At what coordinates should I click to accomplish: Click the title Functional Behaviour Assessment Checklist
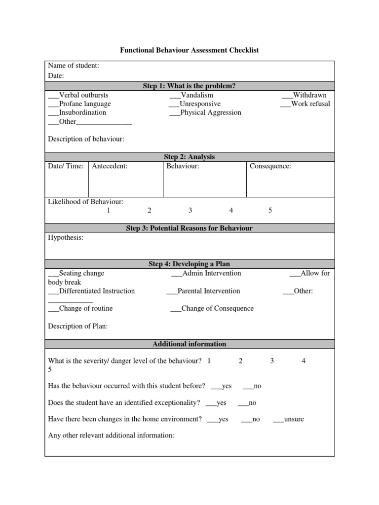tap(189, 50)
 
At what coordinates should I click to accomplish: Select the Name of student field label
tap(73, 66)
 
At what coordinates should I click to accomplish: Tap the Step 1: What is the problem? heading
tap(189, 86)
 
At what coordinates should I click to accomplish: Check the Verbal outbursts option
tap(78, 95)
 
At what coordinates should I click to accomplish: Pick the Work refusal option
tap(305, 104)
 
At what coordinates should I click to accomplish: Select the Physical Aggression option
tap(205, 112)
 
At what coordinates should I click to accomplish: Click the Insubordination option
tap(77, 112)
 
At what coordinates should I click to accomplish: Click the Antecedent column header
tap(110, 166)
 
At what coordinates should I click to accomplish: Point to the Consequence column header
tap(270, 166)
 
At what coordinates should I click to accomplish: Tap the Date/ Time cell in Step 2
tap(66, 166)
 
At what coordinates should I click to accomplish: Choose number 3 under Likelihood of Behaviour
tap(190, 211)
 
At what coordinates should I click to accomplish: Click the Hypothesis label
tap(66, 238)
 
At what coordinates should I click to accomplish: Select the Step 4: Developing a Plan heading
tap(189, 264)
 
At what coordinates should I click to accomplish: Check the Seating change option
tap(76, 273)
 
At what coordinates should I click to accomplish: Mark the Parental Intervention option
tap(203, 291)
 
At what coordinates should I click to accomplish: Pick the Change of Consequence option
tap(212, 309)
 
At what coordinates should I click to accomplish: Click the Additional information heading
tap(189, 344)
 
